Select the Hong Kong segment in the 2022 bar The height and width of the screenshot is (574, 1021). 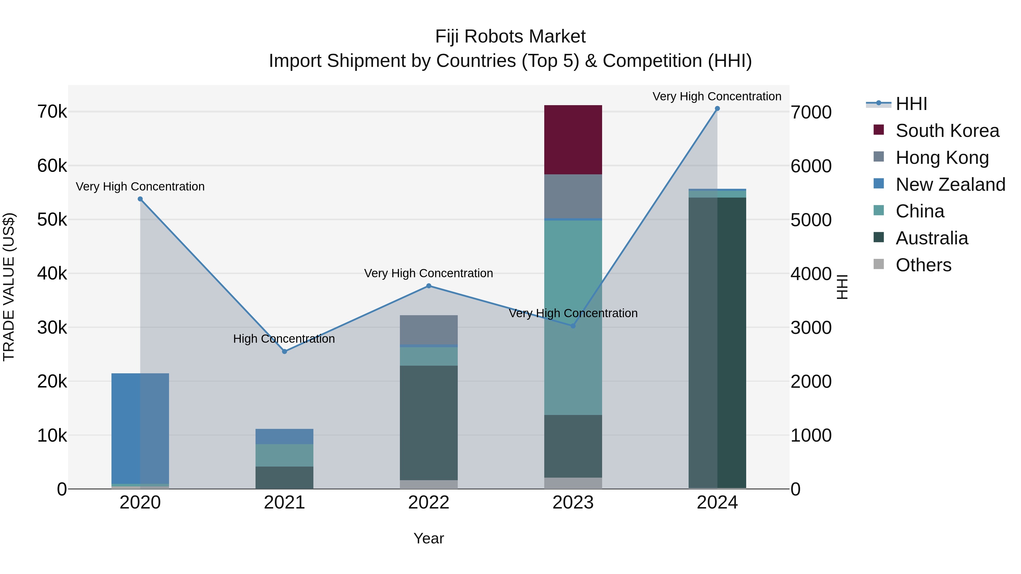[429, 330]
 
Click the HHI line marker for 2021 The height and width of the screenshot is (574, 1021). [284, 351]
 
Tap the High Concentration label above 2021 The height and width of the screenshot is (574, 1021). [284, 339]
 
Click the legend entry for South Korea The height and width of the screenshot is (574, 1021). [947, 131]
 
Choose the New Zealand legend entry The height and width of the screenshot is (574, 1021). [950, 185]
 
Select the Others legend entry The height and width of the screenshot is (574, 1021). [923, 265]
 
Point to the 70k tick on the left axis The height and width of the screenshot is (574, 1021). [52, 112]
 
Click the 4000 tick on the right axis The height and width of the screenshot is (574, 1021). [811, 274]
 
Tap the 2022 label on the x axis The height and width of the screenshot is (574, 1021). [429, 503]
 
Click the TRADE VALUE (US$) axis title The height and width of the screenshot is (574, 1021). [9, 287]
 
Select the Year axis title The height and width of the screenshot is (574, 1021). [429, 538]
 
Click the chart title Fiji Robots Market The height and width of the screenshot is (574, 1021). [510, 37]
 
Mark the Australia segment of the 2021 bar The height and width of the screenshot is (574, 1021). [284, 477]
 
